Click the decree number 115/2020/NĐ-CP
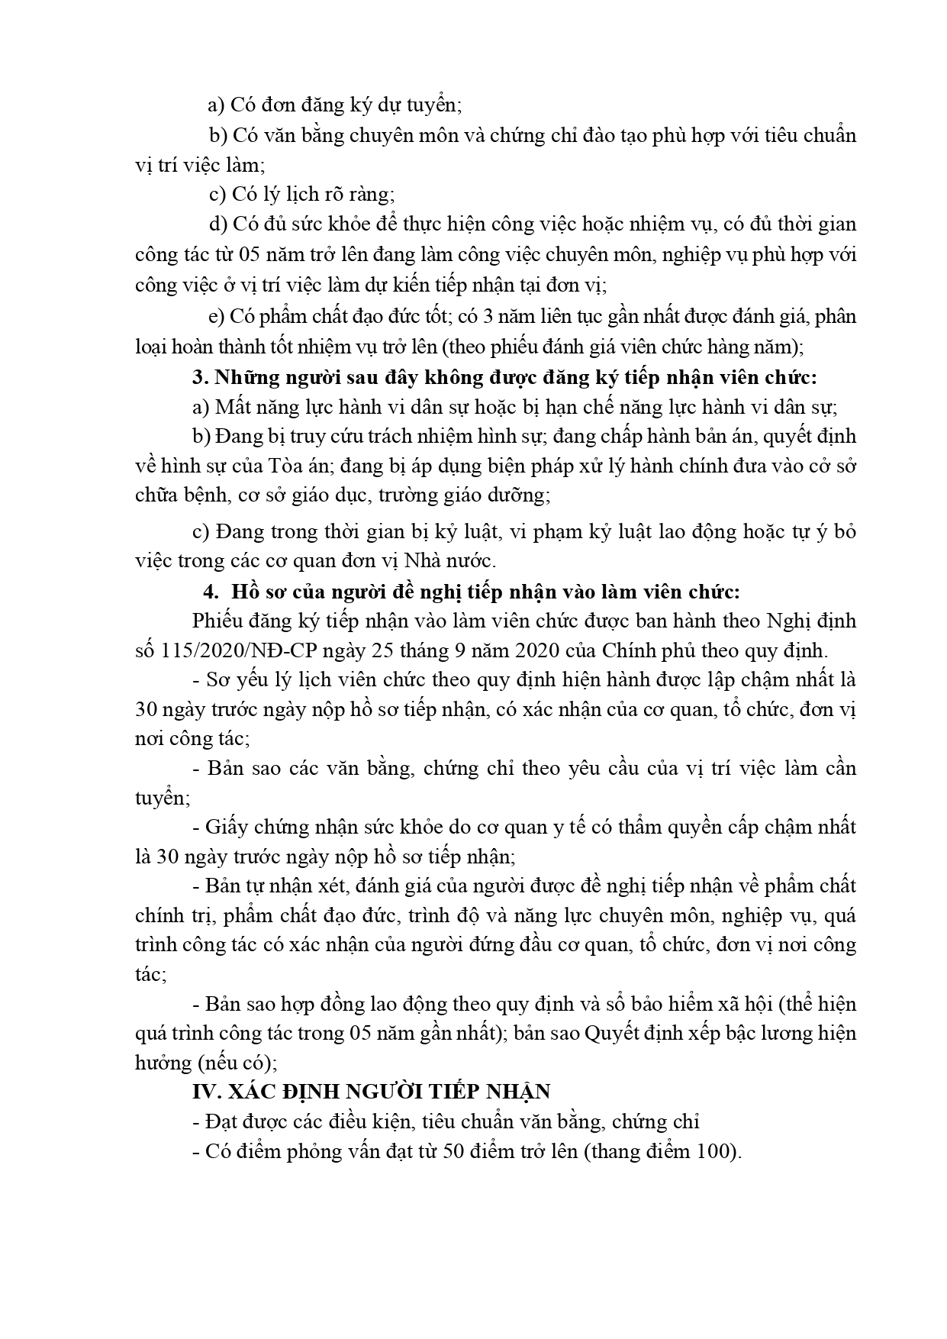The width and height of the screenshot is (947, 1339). coord(228,650)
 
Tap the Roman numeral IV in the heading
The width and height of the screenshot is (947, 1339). coord(204,1092)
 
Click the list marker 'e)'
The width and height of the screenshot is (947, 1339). coord(217,317)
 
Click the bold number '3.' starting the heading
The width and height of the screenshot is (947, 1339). coord(200,377)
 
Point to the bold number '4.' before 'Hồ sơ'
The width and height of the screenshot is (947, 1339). coord(210,592)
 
